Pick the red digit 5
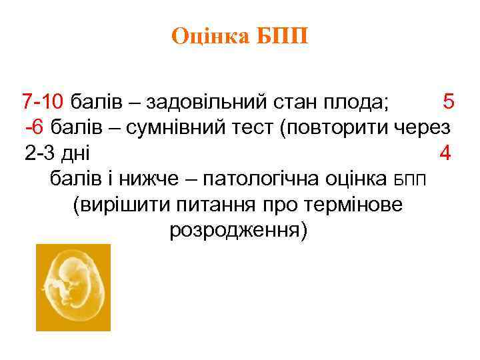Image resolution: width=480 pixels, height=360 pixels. tap(448, 102)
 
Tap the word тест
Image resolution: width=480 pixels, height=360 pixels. tap(254, 127)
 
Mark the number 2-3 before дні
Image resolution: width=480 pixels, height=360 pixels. tap(41, 153)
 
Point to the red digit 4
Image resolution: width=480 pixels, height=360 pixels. tap(445, 153)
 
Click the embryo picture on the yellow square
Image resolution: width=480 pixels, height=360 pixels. tap(73, 287)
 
